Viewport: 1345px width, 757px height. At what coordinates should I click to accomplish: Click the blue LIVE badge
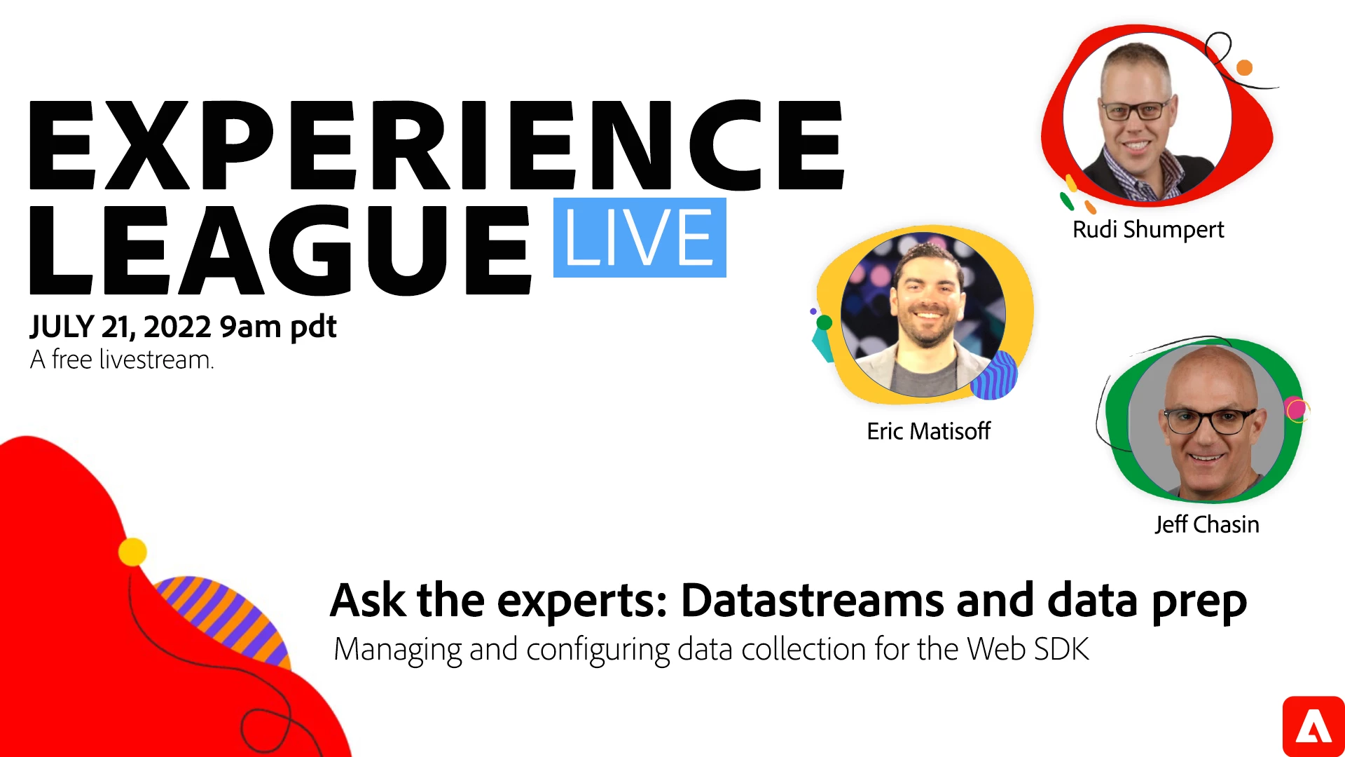[640, 238]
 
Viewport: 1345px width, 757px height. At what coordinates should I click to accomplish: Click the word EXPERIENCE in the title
[437, 145]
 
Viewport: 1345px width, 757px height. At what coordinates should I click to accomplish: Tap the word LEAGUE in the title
[280, 250]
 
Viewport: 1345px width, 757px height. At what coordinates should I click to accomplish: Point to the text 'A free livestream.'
[122, 360]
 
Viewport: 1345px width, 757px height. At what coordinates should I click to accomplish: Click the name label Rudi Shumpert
[1148, 230]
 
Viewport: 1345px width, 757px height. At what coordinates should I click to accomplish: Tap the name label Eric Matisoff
[929, 431]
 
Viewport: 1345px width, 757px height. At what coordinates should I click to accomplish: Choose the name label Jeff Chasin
[1207, 524]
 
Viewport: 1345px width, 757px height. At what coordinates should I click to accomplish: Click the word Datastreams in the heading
[812, 601]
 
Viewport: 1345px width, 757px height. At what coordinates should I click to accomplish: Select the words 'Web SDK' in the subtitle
[1028, 649]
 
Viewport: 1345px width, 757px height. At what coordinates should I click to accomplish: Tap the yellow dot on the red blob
[132, 552]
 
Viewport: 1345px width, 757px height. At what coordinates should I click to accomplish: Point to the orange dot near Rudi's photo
[1244, 68]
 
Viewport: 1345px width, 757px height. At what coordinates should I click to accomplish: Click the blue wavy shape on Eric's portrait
[995, 376]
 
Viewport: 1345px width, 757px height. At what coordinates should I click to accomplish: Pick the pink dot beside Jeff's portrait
[1296, 409]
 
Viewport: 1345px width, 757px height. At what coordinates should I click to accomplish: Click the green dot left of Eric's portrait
[825, 322]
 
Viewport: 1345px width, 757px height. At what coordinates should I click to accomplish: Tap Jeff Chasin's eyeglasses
[1208, 421]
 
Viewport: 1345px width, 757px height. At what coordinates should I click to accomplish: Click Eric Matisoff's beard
[928, 327]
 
